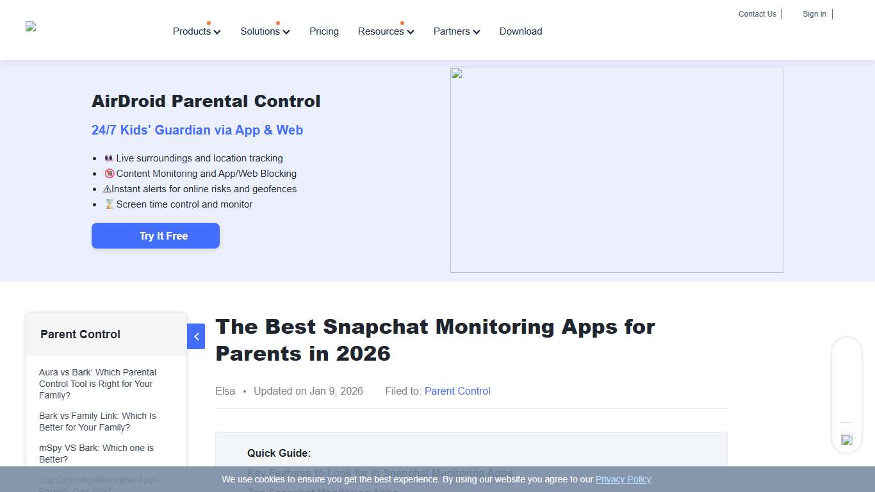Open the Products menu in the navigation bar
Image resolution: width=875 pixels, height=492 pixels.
pos(196,31)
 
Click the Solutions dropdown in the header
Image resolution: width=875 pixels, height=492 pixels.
pos(265,31)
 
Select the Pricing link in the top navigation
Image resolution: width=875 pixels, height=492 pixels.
pos(324,31)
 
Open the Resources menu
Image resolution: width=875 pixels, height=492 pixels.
pos(386,31)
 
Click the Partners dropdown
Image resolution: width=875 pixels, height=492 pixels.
pos(456,31)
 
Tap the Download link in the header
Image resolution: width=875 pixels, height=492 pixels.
pos(521,31)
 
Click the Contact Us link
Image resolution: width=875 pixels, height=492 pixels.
pos(757,14)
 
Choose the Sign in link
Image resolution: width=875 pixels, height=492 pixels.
pos(814,14)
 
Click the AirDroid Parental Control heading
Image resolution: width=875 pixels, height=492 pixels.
pos(206,101)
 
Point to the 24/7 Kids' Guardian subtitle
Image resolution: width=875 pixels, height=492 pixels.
pos(197,130)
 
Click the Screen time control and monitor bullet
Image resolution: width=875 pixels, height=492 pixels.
pos(184,204)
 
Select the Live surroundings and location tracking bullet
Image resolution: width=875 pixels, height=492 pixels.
pos(199,158)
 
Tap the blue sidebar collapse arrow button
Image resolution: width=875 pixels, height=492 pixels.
pos(196,336)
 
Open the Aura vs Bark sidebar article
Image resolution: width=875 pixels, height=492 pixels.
pos(97,384)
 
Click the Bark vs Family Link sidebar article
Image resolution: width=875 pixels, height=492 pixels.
pos(97,422)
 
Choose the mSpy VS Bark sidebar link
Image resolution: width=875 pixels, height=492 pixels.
pos(96,454)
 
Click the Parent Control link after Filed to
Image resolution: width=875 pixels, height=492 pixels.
pos(457,391)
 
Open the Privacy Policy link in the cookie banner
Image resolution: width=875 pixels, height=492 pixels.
pos(623,479)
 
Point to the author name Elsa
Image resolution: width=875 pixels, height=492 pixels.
pos(225,391)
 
